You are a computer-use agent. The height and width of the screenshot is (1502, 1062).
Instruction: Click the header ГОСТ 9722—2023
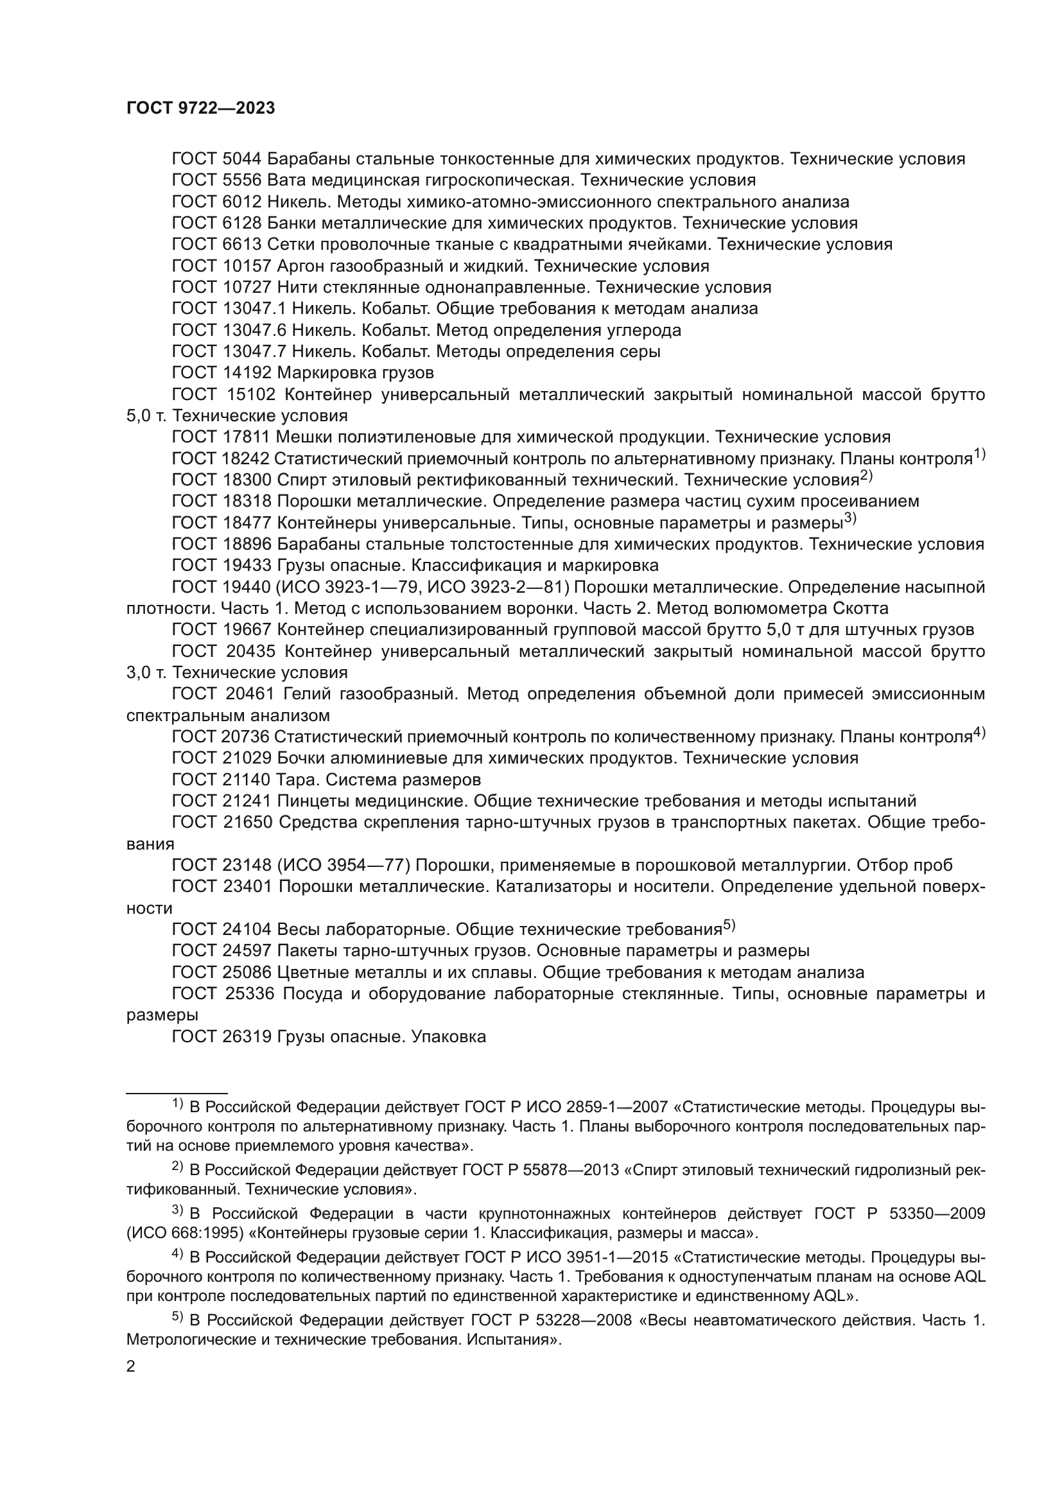pos(201,109)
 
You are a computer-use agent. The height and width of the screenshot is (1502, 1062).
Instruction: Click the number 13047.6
pos(256,330)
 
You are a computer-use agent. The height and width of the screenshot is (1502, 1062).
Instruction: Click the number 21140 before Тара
pos(246,780)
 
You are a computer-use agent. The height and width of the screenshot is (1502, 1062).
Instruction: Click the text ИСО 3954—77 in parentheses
pos(344,866)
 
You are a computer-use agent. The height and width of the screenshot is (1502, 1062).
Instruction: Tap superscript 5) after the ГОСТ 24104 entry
pos(729,926)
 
